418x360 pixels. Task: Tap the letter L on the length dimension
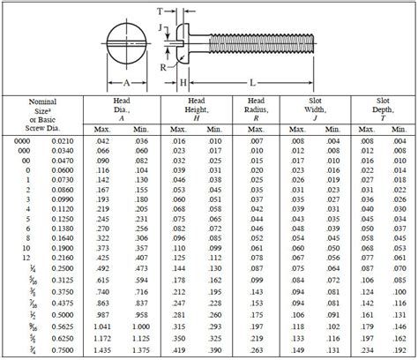(252, 82)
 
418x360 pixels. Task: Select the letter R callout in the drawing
(164, 65)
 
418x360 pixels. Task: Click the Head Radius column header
(255, 109)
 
